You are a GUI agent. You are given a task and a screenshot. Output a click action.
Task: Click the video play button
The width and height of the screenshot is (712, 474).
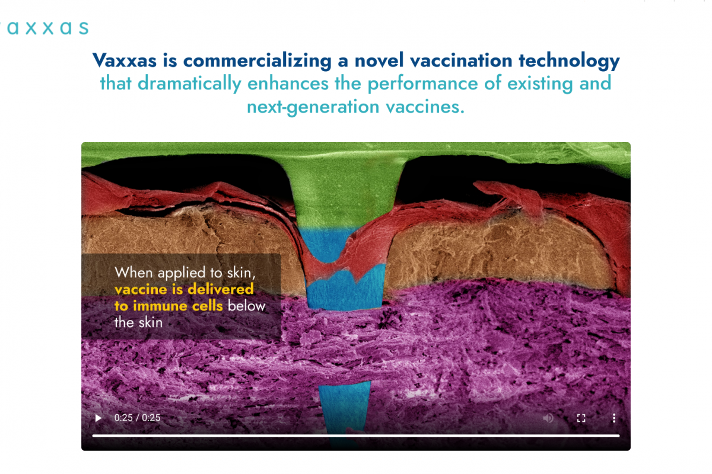[x=98, y=418]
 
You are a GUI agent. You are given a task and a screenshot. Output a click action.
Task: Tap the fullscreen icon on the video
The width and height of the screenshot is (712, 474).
[x=581, y=418]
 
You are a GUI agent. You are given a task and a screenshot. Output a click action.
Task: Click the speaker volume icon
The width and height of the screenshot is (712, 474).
[x=548, y=418]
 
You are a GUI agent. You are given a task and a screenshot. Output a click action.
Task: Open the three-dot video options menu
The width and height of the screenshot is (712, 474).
[x=614, y=418]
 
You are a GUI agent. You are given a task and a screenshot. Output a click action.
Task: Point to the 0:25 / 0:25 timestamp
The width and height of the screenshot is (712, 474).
[x=137, y=418]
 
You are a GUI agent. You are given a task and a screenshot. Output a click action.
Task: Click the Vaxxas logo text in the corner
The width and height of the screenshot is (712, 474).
[x=44, y=28]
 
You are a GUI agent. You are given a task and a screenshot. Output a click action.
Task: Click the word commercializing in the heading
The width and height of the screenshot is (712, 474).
[x=257, y=60]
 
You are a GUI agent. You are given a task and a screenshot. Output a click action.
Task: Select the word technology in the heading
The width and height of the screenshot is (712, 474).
[x=569, y=61]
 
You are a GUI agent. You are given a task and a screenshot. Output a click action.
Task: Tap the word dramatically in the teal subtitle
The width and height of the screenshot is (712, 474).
[x=189, y=84]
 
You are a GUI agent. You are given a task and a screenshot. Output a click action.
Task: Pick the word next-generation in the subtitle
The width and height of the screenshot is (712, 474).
[x=313, y=107]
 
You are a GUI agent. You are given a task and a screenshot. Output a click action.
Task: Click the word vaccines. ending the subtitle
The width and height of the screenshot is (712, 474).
[x=425, y=107]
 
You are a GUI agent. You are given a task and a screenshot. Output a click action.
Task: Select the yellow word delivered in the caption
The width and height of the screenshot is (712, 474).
[x=221, y=289]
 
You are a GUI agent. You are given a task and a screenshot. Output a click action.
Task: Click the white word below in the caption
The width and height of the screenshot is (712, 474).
[x=246, y=306]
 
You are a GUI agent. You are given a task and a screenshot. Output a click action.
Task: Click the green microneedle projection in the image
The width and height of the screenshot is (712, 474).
[x=345, y=191]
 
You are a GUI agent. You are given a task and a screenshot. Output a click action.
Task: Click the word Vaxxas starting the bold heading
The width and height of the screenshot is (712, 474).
[x=125, y=60]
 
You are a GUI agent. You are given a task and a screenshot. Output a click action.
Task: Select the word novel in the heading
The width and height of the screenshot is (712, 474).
[x=379, y=60]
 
